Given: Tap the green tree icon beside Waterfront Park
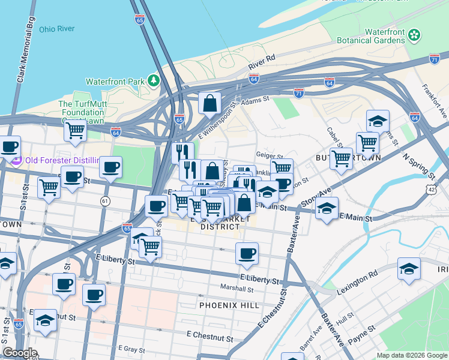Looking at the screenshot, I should coord(154,80).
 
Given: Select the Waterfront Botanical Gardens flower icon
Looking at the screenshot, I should coord(414,35).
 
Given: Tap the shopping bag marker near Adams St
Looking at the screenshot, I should coord(210,103).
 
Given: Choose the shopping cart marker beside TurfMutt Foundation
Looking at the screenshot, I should coord(75,129).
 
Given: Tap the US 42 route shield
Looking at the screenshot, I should coord(433,189).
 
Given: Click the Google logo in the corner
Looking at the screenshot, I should coord(20,353).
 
